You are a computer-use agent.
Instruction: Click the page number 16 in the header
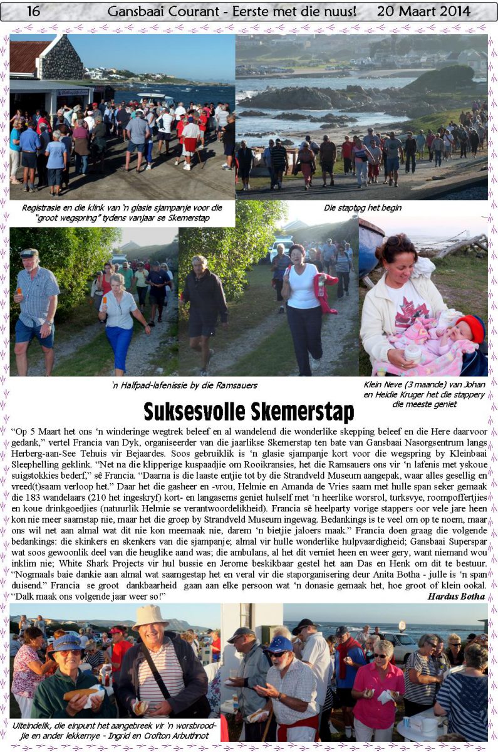pos(33,11)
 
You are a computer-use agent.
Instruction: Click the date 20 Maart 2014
pos(423,11)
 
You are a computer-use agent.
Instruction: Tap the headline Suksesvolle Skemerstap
pos(249,412)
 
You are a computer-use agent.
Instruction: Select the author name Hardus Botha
pos(456,596)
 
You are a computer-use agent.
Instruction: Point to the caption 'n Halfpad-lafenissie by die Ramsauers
pos(184,385)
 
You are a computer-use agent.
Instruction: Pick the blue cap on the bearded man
pos(280,644)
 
